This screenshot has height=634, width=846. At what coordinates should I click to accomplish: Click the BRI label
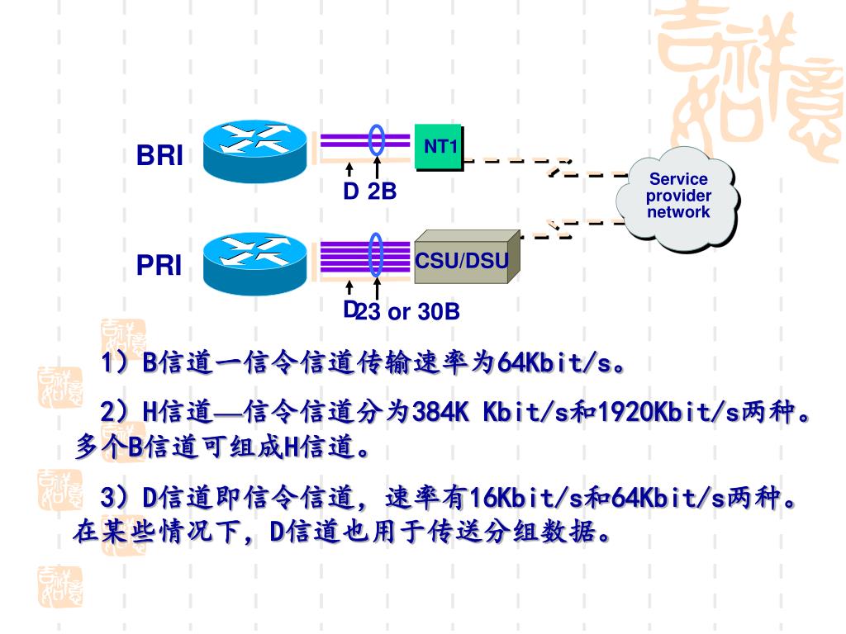(159, 156)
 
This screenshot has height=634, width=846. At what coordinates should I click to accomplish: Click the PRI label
(159, 266)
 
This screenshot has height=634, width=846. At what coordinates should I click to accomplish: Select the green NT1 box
(439, 148)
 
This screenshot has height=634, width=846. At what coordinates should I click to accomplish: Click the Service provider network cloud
(677, 196)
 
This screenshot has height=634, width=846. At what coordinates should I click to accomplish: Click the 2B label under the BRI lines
(382, 192)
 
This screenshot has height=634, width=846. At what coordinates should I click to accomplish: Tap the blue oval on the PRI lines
(377, 254)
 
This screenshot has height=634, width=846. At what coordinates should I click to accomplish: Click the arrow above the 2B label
(377, 169)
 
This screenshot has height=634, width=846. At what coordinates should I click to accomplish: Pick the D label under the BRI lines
(350, 192)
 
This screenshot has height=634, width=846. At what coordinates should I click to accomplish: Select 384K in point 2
(440, 410)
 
